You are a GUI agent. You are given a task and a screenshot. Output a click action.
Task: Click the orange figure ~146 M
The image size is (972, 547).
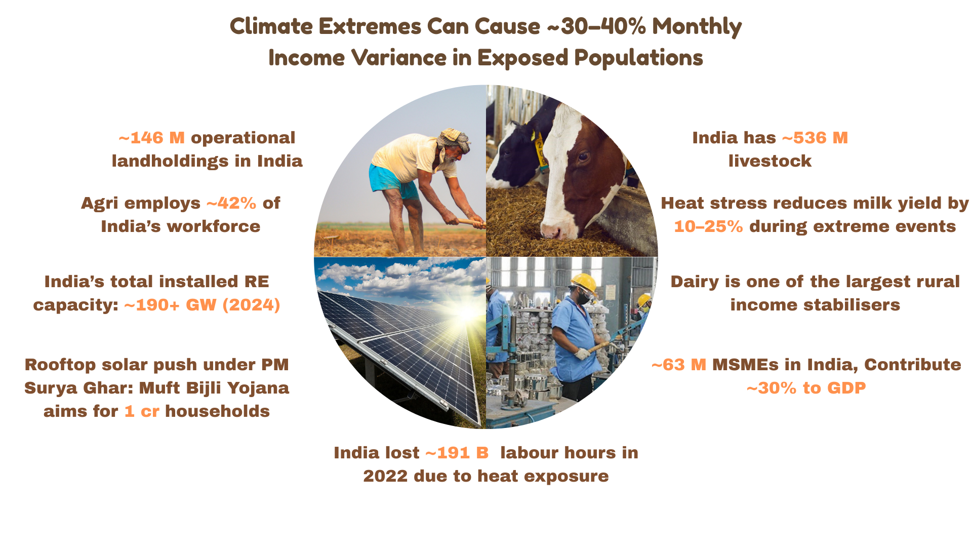(151, 138)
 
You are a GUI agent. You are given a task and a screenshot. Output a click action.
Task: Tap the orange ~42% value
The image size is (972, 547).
(231, 203)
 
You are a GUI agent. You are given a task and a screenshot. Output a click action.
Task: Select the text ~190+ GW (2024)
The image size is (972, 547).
(202, 305)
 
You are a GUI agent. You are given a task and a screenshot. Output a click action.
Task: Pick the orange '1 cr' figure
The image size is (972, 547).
(142, 411)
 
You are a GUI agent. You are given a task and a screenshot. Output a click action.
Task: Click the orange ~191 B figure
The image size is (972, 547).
(457, 453)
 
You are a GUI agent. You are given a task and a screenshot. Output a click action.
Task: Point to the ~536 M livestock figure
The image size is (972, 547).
(815, 138)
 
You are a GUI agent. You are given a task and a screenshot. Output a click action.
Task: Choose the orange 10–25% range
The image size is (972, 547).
(708, 226)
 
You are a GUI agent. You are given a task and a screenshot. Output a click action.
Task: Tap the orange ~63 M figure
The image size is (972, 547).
(678, 365)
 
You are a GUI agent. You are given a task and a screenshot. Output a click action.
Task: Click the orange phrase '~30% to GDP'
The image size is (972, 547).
(806, 388)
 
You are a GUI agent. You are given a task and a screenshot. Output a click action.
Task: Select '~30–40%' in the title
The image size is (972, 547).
(596, 26)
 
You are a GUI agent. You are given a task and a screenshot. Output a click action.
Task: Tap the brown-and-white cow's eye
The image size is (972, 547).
(583, 157)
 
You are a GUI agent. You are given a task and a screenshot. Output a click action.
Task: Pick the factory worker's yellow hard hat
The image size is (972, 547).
(584, 282)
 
